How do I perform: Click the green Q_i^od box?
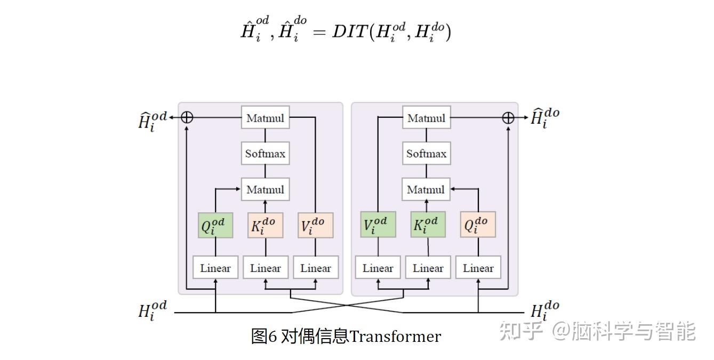(x=215, y=226)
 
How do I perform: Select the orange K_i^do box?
(x=266, y=226)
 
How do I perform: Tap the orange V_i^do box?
(x=315, y=226)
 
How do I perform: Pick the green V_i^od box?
(x=378, y=225)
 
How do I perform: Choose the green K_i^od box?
(x=428, y=225)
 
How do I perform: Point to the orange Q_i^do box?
(x=478, y=225)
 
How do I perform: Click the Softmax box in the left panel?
(x=265, y=154)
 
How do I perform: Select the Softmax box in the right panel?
(x=426, y=154)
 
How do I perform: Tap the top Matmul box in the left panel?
(x=265, y=118)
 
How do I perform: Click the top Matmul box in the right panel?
(x=426, y=118)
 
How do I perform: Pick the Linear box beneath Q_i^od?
(x=215, y=268)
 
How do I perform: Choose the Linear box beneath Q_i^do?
(x=478, y=268)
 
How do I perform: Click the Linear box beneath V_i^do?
(x=315, y=268)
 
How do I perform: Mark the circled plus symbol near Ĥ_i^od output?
(x=187, y=117)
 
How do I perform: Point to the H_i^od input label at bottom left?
(x=153, y=310)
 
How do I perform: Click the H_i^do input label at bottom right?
(x=544, y=310)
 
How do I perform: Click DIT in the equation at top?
(x=349, y=32)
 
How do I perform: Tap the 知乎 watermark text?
(x=520, y=331)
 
